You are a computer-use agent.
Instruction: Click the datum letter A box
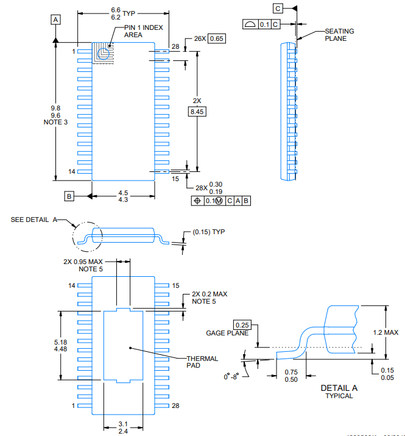coord(56,20)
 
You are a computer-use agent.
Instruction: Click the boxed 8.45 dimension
coord(197,112)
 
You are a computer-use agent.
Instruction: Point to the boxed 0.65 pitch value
coord(217,38)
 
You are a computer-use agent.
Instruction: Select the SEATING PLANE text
coord(339,35)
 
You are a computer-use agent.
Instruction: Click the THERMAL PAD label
coord(202,362)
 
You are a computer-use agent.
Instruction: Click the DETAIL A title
coord(339,388)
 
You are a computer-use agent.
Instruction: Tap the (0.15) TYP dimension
coord(209,232)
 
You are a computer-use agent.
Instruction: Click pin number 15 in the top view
coord(175,179)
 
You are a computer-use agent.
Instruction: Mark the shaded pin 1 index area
coord(103,52)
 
